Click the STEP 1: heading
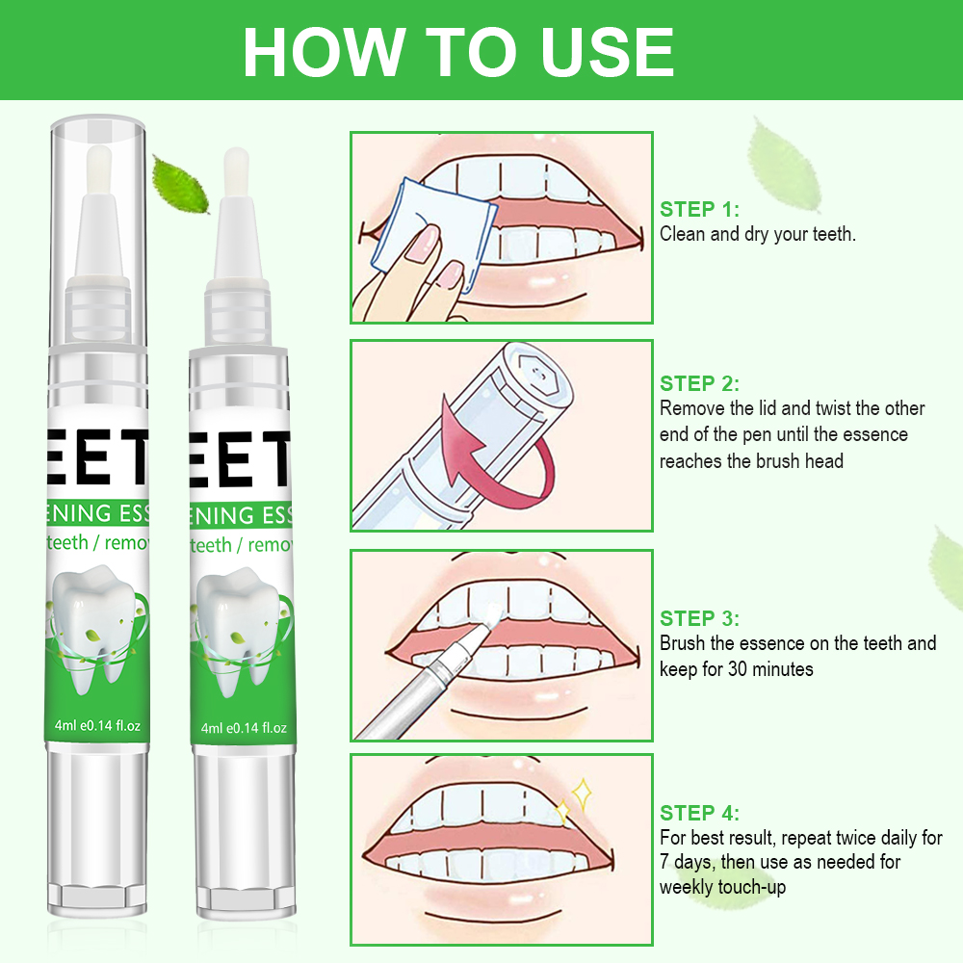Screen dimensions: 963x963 pos(700,210)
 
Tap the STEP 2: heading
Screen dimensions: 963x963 pos(700,384)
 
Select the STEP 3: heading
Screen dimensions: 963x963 pos(700,619)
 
